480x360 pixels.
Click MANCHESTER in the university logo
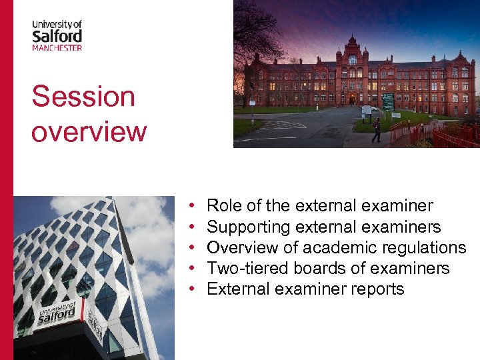coord(57,47)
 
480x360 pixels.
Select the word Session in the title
coord(83,97)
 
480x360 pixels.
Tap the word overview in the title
coord(89,131)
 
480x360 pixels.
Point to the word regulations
coord(425,248)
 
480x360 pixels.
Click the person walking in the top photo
coord(377,130)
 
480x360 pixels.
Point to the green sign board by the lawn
coord(387,102)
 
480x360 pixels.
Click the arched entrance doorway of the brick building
coord(351,100)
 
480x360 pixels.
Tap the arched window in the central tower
coord(352,59)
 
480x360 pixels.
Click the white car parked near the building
coord(373,108)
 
